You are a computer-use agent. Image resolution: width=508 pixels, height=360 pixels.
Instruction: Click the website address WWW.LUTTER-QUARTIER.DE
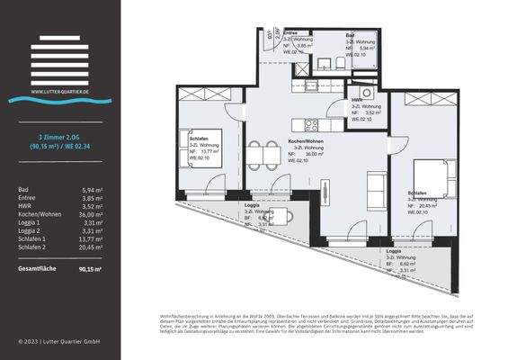(x=60, y=91)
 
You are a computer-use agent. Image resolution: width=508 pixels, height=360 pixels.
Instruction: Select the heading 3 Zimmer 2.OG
(x=60, y=135)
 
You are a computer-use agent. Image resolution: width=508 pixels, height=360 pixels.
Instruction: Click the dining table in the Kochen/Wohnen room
(x=263, y=155)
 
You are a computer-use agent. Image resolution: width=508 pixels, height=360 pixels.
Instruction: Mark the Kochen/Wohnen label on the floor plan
(x=306, y=141)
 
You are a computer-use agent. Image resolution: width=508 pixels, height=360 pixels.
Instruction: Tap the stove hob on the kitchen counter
(x=312, y=125)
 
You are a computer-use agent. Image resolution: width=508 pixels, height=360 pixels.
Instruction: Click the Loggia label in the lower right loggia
(x=393, y=251)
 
